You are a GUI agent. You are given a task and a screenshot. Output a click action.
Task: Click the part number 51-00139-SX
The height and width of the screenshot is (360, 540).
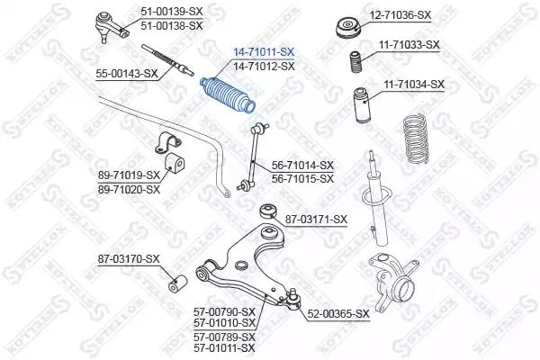(x=172, y=12)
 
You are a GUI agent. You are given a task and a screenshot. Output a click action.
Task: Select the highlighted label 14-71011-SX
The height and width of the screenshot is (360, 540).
(x=264, y=52)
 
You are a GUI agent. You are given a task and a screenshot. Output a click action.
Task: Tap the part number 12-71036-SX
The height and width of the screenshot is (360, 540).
(x=400, y=15)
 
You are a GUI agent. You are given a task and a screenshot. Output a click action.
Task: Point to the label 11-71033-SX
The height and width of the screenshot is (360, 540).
(x=409, y=45)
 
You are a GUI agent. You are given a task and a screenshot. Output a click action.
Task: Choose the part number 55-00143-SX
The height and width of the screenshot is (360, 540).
(x=127, y=74)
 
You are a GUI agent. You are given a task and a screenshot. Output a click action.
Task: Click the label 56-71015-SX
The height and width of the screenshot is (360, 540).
(x=302, y=179)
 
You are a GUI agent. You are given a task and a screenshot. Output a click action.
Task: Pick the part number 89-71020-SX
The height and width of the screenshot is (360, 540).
(x=129, y=190)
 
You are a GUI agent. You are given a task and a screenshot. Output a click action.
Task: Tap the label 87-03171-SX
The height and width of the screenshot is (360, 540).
(x=316, y=220)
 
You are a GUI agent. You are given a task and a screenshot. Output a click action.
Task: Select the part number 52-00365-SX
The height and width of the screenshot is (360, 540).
(x=338, y=314)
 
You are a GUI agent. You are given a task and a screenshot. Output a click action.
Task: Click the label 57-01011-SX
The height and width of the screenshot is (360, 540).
(x=224, y=348)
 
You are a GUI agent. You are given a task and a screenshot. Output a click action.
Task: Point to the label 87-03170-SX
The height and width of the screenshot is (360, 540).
(x=129, y=259)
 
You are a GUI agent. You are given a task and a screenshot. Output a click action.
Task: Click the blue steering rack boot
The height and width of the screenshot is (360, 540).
(x=228, y=95)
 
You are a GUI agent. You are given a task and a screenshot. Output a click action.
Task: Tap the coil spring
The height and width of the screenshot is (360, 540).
(x=417, y=139)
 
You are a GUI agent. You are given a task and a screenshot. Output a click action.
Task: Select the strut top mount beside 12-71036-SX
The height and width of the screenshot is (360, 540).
(x=348, y=29)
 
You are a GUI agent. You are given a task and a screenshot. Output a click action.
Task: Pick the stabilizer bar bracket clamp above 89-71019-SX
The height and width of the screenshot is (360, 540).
(x=168, y=142)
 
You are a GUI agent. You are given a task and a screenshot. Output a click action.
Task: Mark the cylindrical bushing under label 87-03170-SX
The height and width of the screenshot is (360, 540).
(x=177, y=283)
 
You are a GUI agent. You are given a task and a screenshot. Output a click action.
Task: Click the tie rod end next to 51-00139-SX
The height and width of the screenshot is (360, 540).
(x=111, y=27)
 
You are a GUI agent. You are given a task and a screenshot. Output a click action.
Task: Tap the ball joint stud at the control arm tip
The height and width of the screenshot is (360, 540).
(x=293, y=298)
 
